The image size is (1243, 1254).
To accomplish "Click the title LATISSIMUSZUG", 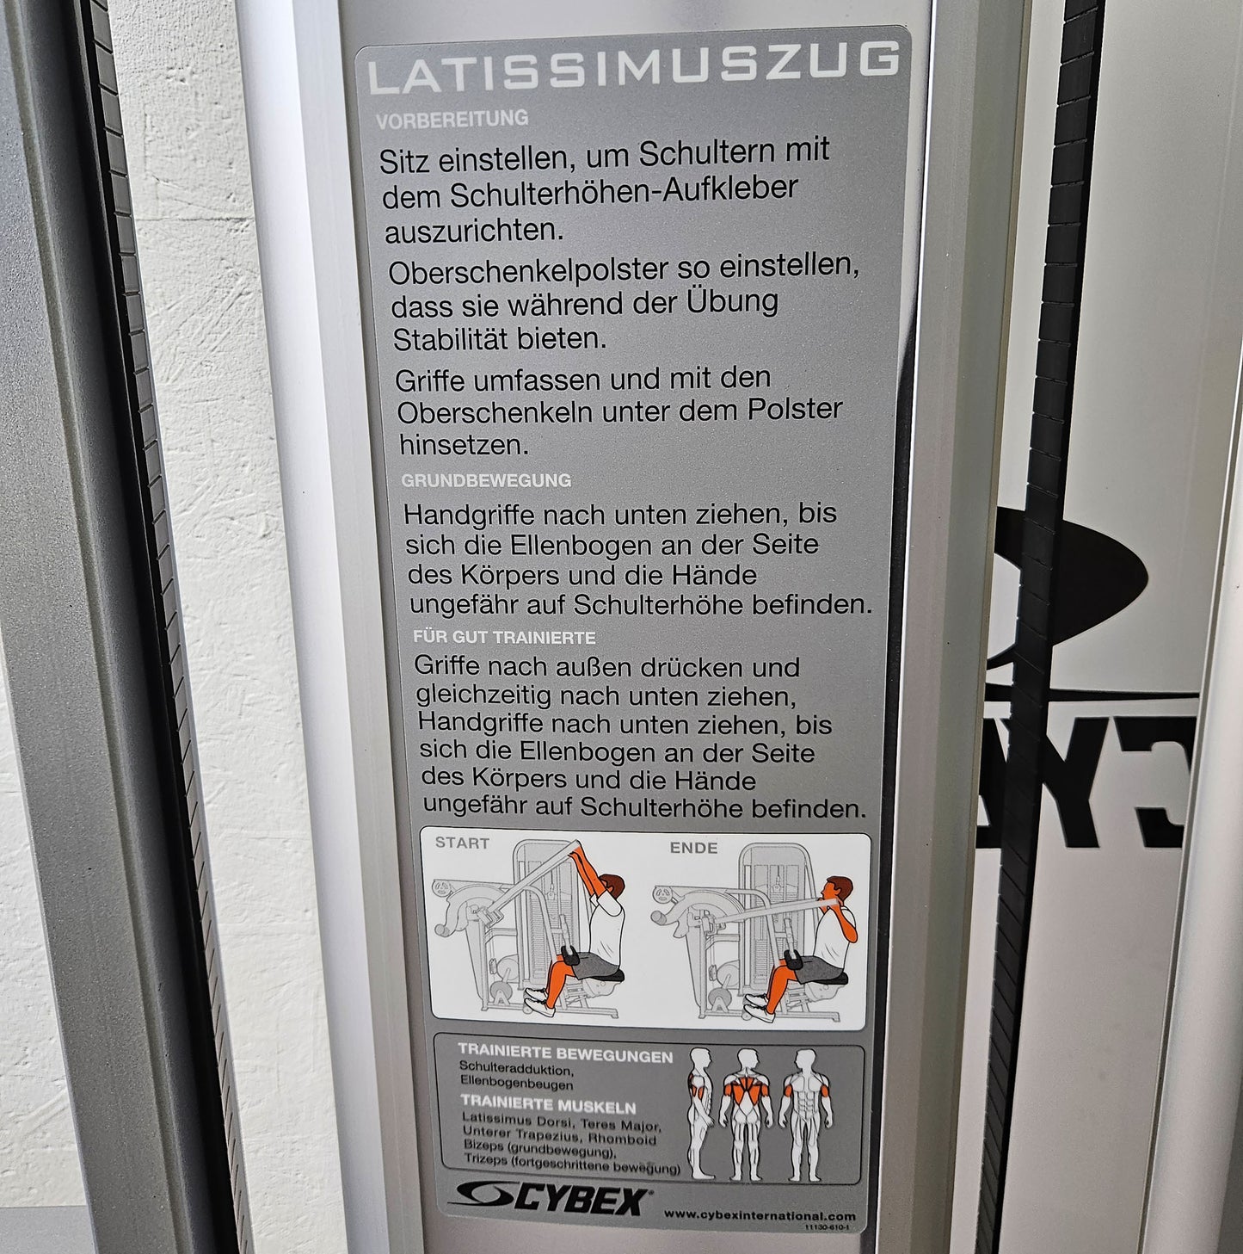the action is click(634, 68).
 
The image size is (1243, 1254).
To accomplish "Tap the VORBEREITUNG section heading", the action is click(452, 119).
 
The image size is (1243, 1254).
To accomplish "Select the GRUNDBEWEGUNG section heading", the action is click(486, 480).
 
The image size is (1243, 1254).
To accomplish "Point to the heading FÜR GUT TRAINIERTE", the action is click(504, 637).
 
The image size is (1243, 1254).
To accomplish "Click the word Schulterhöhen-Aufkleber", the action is click(623, 191).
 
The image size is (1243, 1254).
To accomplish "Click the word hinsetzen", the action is click(463, 446).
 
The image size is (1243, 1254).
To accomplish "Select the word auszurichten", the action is click(474, 231).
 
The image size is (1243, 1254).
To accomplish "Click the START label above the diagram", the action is click(462, 843).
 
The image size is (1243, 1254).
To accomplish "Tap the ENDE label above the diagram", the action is click(693, 847).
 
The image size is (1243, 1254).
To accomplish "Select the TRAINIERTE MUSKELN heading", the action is click(548, 1103).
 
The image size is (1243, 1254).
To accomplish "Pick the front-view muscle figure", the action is click(805, 1114).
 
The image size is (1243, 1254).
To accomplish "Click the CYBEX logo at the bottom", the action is click(551, 1199).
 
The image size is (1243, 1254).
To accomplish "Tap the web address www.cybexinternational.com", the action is click(760, 1214).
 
